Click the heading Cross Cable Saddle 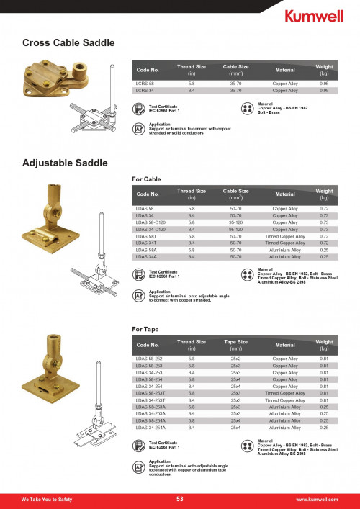click(68, 44)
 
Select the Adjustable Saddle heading click(66, 163)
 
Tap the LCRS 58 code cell click(145, 84)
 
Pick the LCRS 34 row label click(145, 91)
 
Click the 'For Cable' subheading click(147, 178)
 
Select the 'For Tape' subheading click(145, 329)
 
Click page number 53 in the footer click(180, 499)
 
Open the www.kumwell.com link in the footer click(317, 500)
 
